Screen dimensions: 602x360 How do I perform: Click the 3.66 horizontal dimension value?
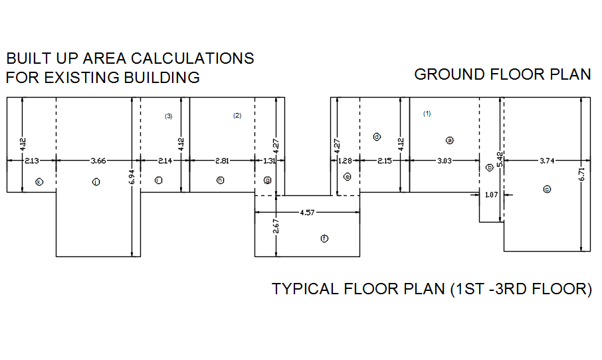[x=98, y=160]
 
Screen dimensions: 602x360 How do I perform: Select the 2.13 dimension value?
[x=31, y=160]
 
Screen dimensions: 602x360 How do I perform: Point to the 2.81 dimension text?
[x=222, y=160]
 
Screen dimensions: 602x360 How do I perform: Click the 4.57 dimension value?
[x=308, y=213]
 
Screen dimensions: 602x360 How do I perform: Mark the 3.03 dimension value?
[x=445, y=160]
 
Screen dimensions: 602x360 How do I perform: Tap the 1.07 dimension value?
[x=491, y=195]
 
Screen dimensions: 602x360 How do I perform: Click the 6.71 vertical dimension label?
[x=581, y=175]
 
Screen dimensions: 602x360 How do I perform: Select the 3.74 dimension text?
[x=546, y=160]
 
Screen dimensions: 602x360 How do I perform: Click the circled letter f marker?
[x=324, y=238]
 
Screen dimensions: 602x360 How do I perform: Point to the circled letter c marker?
[x=547, y=189]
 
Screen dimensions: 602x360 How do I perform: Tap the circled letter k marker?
[x=39, y=181]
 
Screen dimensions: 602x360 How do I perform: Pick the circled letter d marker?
[x=377, y=137]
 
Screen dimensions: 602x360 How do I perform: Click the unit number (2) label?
[x=237, y=116]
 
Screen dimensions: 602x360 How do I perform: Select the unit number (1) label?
[x=427, y=114]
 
